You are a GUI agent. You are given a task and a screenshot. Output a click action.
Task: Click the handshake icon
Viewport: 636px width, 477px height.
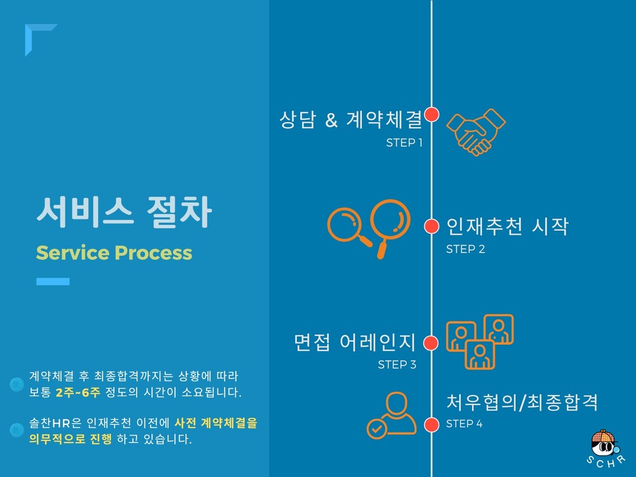476,132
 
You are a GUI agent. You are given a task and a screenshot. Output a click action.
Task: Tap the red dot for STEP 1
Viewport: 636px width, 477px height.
431,114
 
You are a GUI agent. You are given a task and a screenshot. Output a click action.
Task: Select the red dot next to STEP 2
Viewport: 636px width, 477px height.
431,226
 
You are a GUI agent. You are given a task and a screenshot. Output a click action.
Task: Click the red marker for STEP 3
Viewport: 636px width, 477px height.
431,343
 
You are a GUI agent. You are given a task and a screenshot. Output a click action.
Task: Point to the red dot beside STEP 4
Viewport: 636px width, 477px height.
431,425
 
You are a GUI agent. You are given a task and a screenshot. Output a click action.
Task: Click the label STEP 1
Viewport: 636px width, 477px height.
404,142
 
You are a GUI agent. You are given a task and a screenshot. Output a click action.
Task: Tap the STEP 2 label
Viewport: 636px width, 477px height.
466,249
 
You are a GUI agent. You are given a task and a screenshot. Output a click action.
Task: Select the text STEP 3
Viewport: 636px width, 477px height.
397,364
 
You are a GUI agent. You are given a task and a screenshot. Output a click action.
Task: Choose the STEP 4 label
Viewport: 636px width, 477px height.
464,424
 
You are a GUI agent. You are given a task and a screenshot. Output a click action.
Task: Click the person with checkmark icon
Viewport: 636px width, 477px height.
391,415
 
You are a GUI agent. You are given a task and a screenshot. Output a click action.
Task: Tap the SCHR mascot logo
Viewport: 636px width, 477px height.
605,447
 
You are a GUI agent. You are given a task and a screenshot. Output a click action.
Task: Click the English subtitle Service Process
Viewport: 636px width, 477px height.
114,252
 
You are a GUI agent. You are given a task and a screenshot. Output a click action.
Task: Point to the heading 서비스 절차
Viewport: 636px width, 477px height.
124,211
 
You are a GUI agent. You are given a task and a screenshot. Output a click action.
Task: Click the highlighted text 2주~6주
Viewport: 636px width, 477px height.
78,392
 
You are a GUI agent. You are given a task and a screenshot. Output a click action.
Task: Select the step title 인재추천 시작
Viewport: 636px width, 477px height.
507,226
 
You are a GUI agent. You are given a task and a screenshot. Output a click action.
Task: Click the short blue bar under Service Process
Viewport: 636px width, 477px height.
53,282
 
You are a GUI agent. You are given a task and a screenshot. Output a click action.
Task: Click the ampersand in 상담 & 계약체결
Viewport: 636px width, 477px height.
331,120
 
